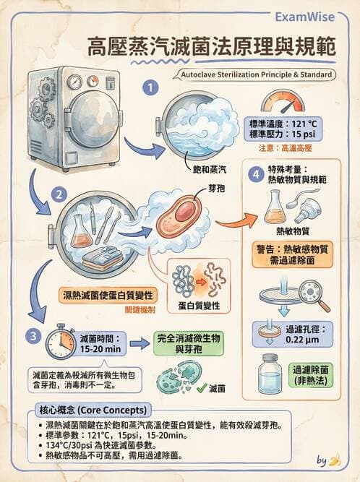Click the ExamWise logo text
304,17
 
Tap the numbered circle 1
150,88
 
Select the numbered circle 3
33,335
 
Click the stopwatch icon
60,342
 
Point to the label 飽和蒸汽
210,169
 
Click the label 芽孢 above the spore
216,189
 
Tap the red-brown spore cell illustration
179,216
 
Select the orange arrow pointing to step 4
236,220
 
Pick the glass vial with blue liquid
270,374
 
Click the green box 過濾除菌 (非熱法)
311,375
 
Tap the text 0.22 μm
302,340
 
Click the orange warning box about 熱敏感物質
292,254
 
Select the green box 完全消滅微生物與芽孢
189,344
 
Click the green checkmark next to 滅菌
202,388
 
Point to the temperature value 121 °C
304,124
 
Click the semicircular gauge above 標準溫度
283,101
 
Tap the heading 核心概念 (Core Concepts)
93,410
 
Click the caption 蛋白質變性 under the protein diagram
199,306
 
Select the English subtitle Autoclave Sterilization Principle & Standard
257,74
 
